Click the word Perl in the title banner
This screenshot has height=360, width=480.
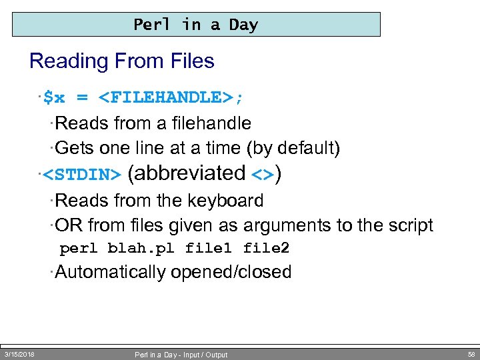pyautogui.click(x=153, y=25)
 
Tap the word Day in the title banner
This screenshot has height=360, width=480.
pyautogui.click(x=243, y=25)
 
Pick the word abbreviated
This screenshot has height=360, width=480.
pyautogui.click(x=186, y=173)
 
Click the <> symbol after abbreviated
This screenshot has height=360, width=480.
pyautogui.click(x=263, y=175)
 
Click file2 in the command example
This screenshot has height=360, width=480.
pyautogui.click(x=266, y=249)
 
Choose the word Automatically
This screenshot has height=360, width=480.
pyautogui.click(x=111, y=272)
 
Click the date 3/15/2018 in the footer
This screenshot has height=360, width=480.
pyautogui.click(x=20, y=354)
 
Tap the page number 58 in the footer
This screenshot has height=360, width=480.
pyautogui.click(x=471, y=354)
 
